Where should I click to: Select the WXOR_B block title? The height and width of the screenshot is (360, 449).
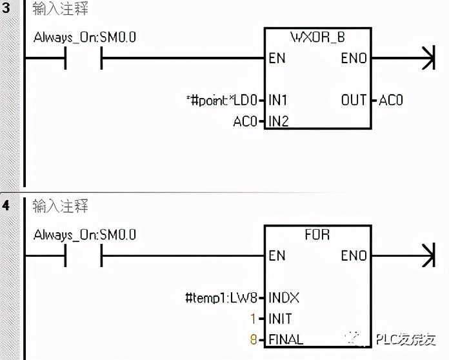coord(318,37)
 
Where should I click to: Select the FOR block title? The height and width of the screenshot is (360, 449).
coord(317,235)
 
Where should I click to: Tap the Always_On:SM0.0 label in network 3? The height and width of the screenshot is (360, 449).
coord(85,37)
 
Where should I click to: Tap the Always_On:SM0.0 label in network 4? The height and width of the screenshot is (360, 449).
coord(85,235)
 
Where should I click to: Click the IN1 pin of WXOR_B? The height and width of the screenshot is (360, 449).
coord(278,100)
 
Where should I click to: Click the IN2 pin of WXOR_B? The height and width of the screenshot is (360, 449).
coord(278,121)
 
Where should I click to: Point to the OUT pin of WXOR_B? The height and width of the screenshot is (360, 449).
coord(354,100)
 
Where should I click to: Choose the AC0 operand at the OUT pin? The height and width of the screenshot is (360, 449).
coord(390,100)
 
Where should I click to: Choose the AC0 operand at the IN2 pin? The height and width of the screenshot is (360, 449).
coord(245,121)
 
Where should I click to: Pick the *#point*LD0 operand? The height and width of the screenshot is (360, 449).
coord(221,100)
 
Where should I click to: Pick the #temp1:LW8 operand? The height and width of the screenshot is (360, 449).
coord(221,298)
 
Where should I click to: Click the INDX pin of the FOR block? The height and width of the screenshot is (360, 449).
coord(284,298)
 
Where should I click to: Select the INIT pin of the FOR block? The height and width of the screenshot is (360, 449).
coord(281,319)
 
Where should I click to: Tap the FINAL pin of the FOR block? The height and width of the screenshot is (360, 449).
coord(286,339)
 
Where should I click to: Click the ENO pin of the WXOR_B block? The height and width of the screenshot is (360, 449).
coord(354,59)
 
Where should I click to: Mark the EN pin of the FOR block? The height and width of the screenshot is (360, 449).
coord(277,256)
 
